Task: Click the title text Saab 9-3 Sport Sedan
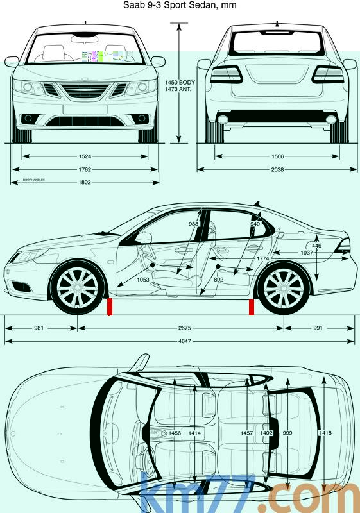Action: point(169,5)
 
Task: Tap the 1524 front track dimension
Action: point(85,156)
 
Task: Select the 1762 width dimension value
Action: point(85,169)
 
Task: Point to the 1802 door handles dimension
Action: point(85,182)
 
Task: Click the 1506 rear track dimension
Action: point(277,156)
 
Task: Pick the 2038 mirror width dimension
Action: point(277,169)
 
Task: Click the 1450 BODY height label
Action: point(180,83)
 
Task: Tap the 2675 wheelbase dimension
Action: point(185,328)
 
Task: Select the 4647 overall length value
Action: point(185,341)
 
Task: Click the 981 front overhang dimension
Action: point(39,328)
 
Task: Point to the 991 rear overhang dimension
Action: point(318,328)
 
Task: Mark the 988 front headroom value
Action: point(193,224)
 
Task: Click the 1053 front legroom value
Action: point(143,280)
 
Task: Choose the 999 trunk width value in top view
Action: point(287,433)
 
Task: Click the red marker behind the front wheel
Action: point(110,307)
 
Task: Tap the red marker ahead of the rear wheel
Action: point(252,307)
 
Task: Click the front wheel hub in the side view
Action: point(78,287)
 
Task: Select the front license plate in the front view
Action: point(85,109)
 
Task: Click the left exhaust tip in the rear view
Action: point(223,119)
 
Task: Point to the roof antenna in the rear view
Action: point(277,23)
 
